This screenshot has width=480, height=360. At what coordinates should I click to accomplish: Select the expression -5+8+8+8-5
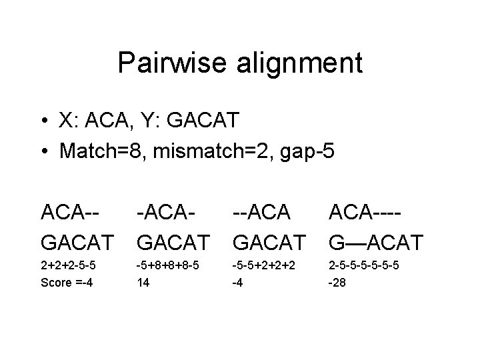(x=169, y=265)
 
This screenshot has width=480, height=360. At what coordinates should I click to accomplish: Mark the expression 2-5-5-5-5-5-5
(x=365, y=265)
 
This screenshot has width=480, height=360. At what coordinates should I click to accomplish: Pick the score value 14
(x=141, y=282)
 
